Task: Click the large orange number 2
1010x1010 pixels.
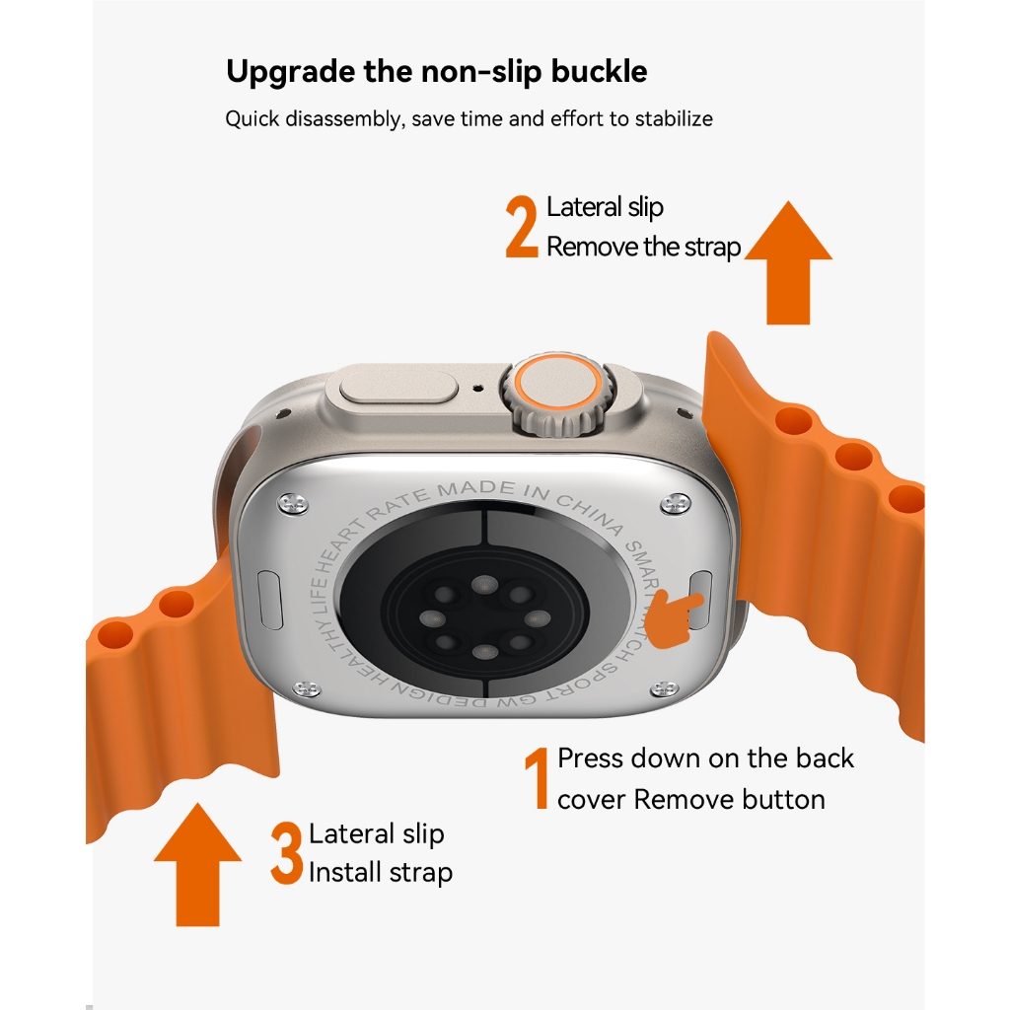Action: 522,226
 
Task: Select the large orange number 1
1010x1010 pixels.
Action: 537,777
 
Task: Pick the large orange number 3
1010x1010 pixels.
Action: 287,853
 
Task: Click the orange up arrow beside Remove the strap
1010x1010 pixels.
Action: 788,262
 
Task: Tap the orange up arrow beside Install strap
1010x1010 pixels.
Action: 197,864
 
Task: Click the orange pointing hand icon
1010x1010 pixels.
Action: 674,616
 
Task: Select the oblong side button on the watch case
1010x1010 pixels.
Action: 392,388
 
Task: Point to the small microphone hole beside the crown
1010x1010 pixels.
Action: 477,389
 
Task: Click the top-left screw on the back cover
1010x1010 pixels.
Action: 292,503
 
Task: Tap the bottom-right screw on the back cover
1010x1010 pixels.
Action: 664,689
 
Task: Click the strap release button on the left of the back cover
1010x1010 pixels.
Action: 270,599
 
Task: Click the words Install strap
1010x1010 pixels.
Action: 381,873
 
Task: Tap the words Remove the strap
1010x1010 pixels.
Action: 643,247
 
